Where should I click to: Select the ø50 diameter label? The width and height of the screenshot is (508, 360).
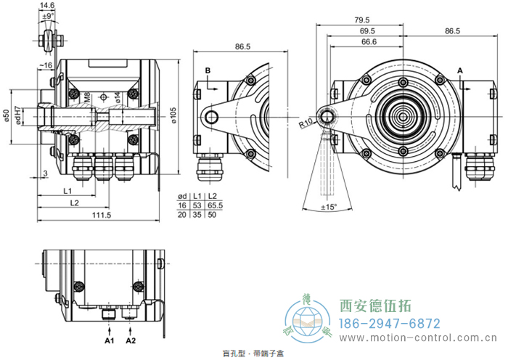tap(7, 117)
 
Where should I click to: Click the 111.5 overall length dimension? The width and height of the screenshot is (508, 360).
tap(102, 216)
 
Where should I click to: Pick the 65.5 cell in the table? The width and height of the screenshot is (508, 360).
tap(215, 206)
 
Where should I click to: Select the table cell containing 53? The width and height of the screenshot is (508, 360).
tap(197, 206)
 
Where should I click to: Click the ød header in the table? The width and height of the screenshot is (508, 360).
tap(183, 197)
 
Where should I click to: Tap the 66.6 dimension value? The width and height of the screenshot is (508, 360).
tap(369, 42)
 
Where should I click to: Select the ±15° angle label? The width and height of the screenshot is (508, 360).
tap(329, 208)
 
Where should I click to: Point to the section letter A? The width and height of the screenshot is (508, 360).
tap(459, 69)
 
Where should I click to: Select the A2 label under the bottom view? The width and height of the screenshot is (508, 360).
tap(131, 340)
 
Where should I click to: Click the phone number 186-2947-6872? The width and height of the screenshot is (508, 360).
tap(390, 323)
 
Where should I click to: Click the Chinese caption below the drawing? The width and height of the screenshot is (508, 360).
tap(253, 353)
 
